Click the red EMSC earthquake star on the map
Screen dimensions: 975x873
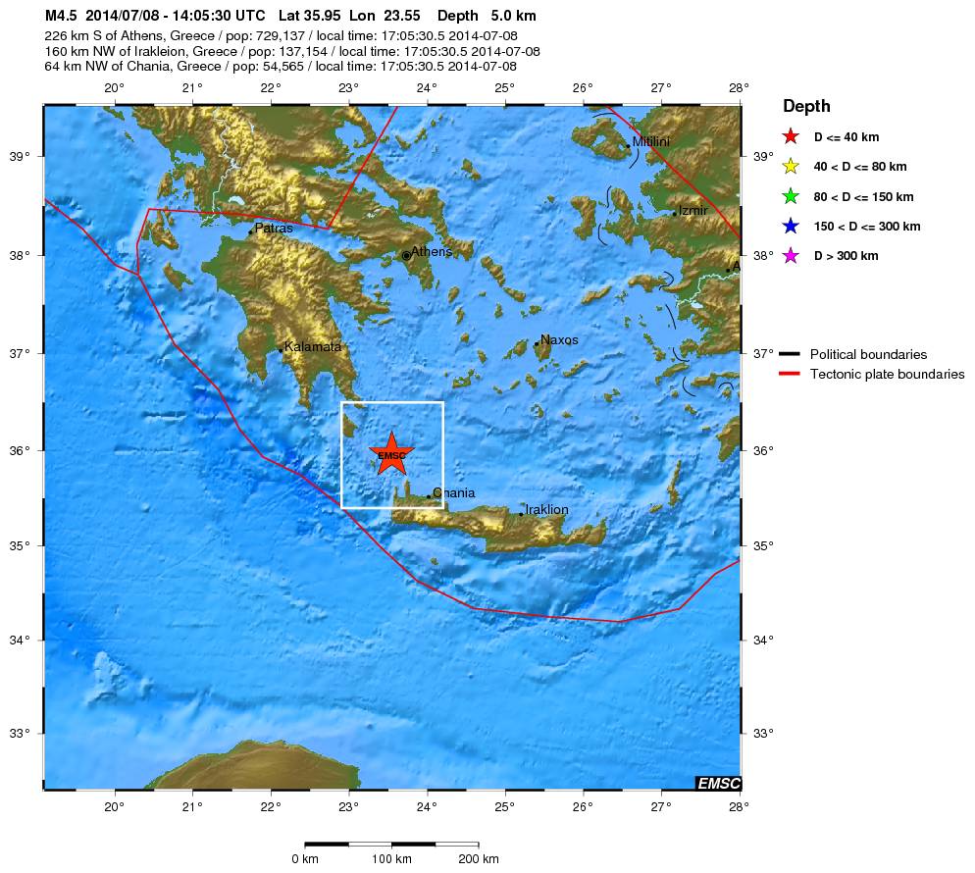point(391,454)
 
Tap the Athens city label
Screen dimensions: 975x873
point(431,252)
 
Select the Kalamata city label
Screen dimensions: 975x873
point(313,346)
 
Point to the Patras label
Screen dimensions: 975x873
point(274,229)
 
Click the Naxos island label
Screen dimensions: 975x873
point(559,339)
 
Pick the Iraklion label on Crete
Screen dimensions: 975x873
point(546,510)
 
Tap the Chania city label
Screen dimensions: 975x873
point(453,493)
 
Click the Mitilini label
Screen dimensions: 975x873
point(651,142)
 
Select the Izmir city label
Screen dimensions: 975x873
point(693,211)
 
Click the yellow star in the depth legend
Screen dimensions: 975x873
point(792,167)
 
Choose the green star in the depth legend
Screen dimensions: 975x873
point(792,196)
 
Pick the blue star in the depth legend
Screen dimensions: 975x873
point(792,227)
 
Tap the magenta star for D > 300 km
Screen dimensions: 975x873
point(792,256)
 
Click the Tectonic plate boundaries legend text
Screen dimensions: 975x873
point(887,375)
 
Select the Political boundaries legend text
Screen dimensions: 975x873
point(868,355)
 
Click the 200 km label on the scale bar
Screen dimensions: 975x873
point(479,859)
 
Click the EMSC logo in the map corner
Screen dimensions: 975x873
point(717,783)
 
